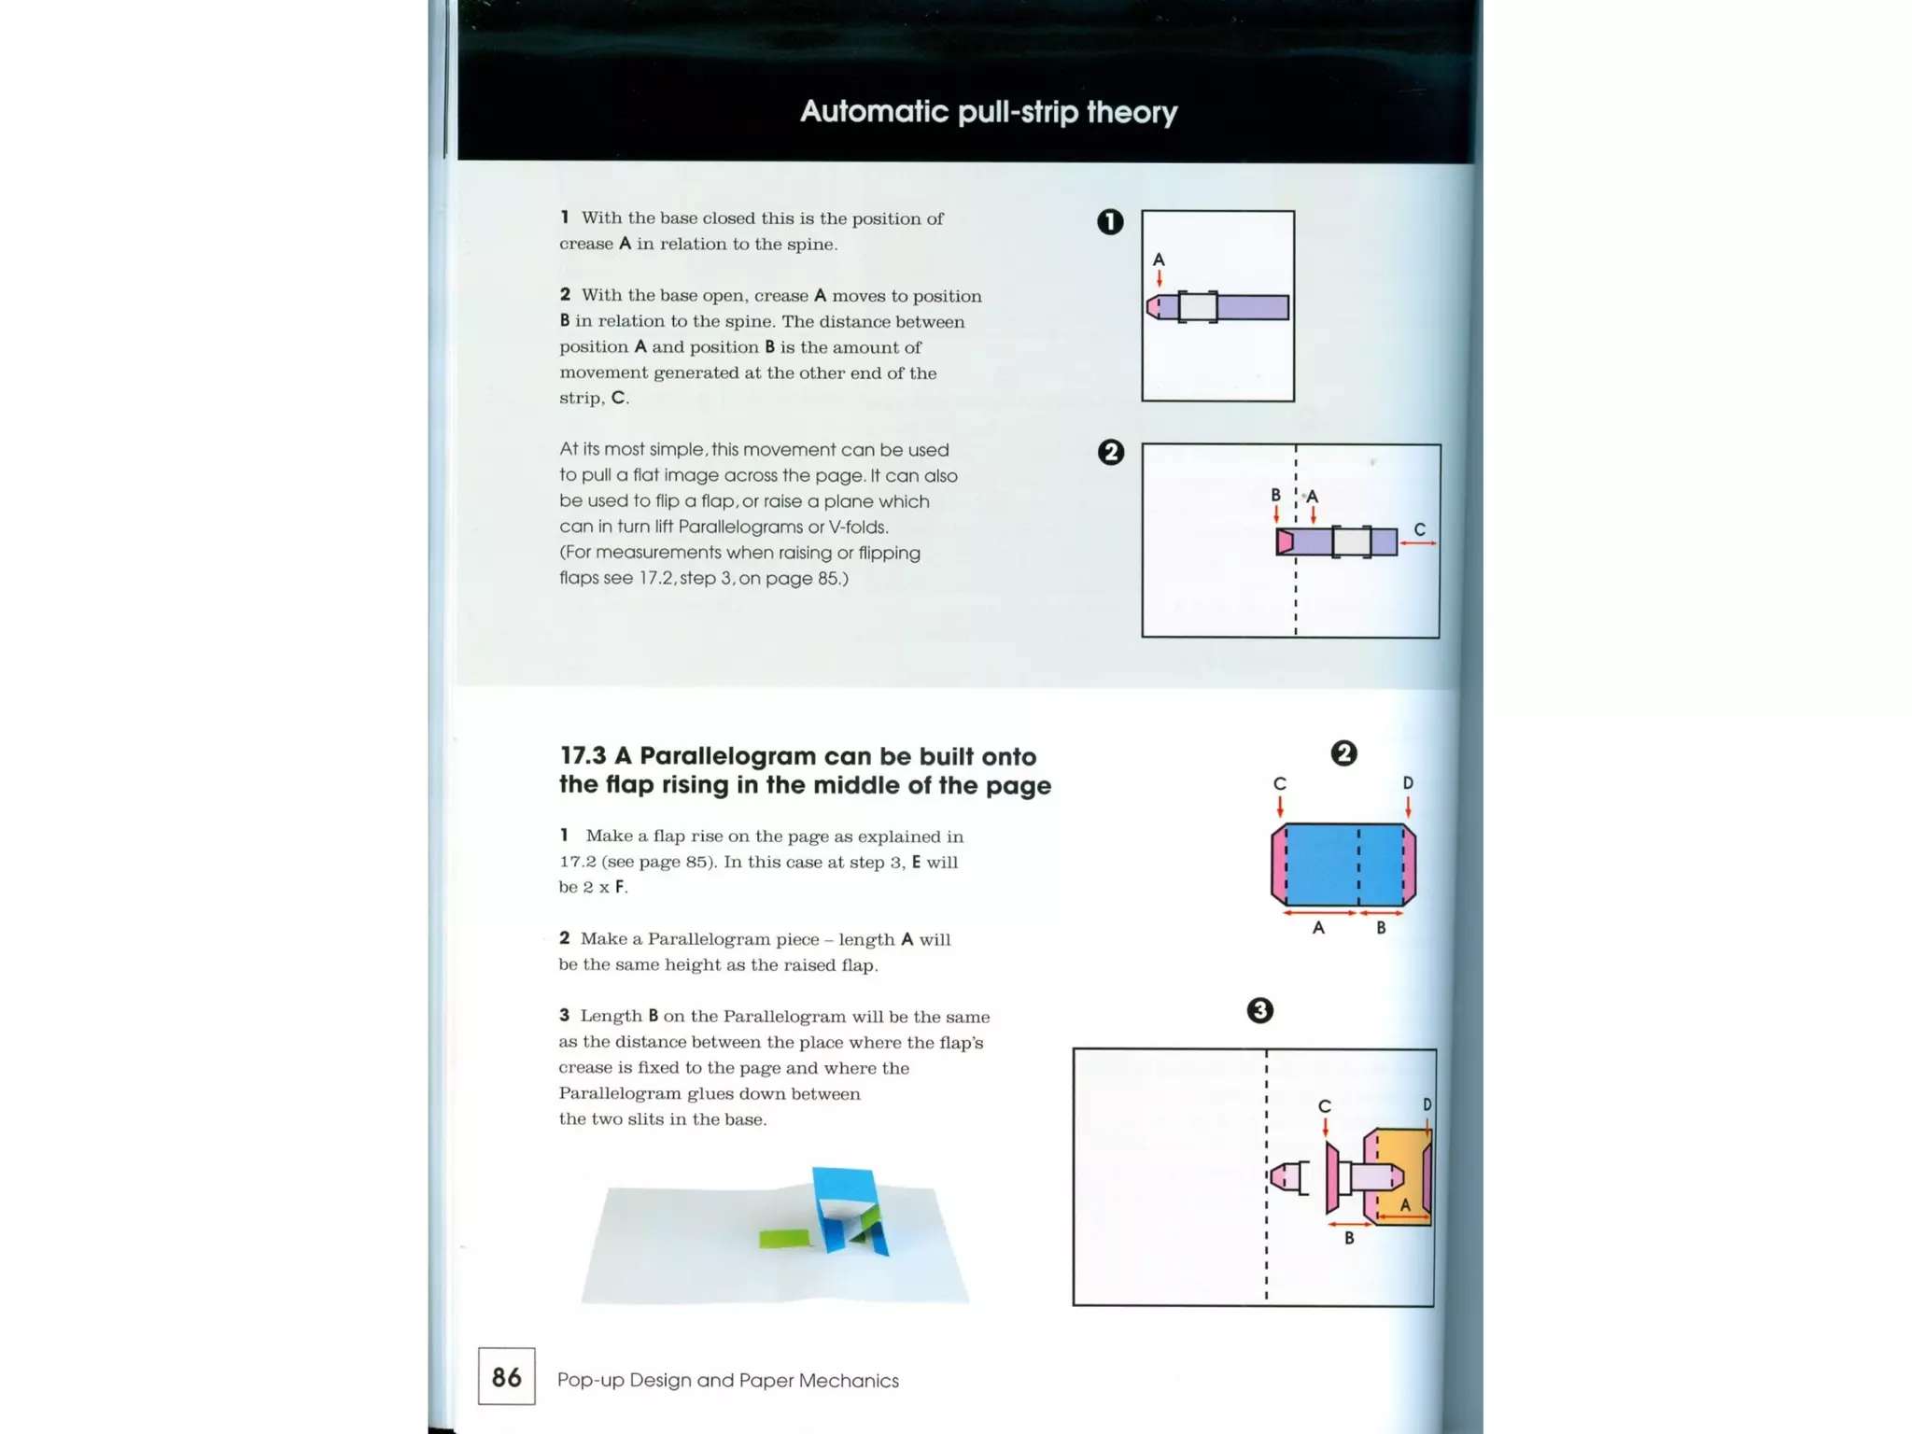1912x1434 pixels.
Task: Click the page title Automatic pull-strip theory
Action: pos(988,112)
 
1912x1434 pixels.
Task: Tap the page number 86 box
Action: pos(506,1376)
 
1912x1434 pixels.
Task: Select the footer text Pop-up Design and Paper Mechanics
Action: pos(727,1380)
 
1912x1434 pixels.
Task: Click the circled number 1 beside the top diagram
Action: pos(1109,222)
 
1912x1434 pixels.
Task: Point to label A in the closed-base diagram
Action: pos(1159,260)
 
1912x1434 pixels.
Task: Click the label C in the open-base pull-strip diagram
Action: pos(1419,529)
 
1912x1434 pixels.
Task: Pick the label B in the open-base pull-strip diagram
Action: pos(1275,495)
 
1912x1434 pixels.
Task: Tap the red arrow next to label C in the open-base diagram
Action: pos(1418,543)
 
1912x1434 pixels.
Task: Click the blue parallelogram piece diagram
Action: pos(1343,865)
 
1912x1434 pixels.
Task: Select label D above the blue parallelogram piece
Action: pos(1408,782)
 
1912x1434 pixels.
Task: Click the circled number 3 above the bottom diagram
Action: pos(1259,1010)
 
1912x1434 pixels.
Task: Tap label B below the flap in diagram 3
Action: pos(1348,1238)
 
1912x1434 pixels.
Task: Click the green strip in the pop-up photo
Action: pos(784,1238)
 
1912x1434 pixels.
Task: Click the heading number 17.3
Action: pos(583,756)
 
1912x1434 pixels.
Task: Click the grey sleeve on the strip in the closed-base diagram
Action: pos(1198,307)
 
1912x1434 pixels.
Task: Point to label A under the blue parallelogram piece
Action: pos(1318,927)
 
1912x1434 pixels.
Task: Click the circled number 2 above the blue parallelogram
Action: pos(1343,753)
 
